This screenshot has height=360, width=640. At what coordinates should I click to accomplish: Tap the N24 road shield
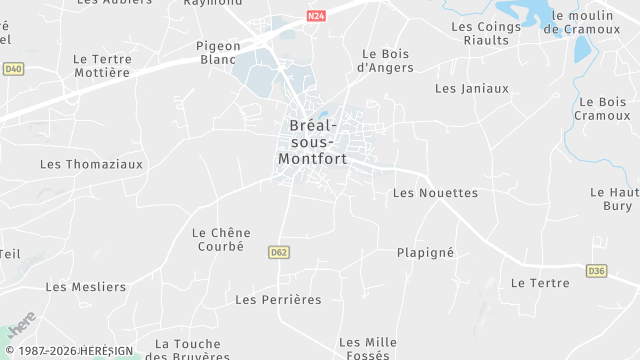pos(316,16)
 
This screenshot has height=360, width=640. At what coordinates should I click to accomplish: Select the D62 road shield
pos(279,253)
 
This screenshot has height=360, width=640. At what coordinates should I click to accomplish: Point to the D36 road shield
pos(597,270)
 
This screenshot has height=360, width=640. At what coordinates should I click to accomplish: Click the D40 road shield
pos(12,69)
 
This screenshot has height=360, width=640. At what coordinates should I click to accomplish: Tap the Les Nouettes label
pos(435,192)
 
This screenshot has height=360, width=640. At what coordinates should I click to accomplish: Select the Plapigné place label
pos(425,252)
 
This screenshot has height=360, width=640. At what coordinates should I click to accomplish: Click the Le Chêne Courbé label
pos(221,239)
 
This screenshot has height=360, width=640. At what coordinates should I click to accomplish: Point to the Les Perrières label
pos(278,299)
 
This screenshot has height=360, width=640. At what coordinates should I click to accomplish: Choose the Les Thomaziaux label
pos(91,163)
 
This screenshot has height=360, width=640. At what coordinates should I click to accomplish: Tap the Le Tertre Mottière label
pos(102,66)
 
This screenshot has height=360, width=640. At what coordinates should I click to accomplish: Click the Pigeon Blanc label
pos(217,52)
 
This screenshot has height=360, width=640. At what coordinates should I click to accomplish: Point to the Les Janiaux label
pos(472,88)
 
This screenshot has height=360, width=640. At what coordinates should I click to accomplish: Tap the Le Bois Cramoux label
pos(602,109)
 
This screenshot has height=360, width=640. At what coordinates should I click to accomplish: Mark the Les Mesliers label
pos(86,287)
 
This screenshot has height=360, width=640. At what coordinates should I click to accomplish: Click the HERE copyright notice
pos(74,351)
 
